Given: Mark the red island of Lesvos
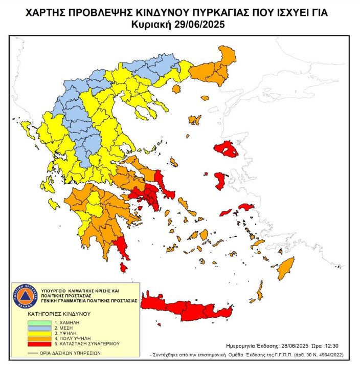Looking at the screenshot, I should pos(226,149).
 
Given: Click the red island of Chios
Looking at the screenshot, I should pos(221,181).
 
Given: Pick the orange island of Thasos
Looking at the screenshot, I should pos(177,89).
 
